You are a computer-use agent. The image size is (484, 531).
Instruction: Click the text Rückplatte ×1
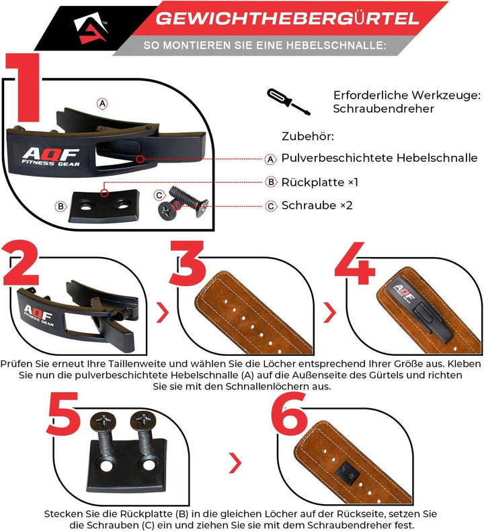pos(319,182)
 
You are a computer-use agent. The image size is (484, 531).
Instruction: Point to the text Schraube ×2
pos(317,205)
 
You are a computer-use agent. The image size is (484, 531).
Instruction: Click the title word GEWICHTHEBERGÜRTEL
pos(287,18)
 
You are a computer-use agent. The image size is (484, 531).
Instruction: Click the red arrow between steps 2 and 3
pos(163,312)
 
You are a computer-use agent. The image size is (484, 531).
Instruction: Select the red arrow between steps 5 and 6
pos(235,462)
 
